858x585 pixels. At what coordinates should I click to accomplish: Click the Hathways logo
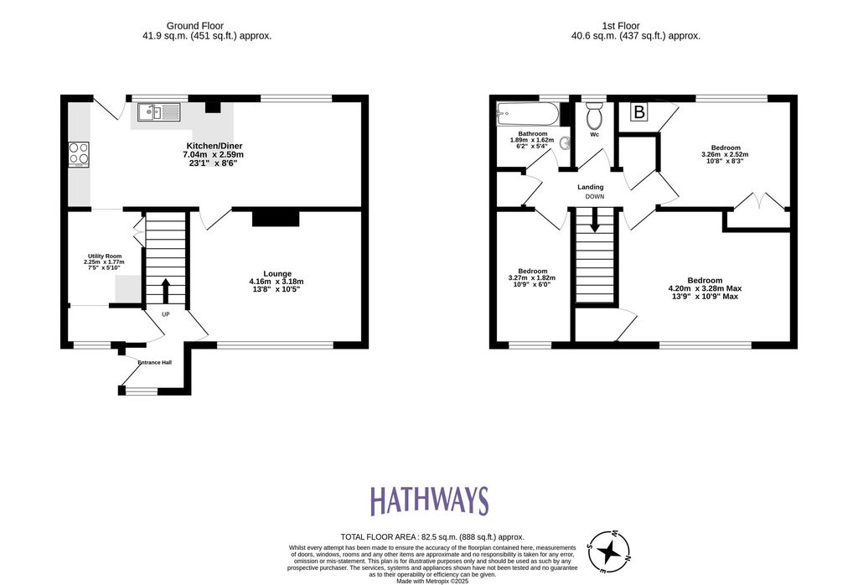tap(429, 500)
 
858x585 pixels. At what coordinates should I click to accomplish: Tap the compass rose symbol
tap(608, 551)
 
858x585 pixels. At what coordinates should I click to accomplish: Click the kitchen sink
tap(158, 113)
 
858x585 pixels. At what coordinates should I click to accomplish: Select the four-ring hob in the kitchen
tap(79, 154)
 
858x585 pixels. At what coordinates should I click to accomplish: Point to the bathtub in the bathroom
tap(528, 114)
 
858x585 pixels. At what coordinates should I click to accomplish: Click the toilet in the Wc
tap(594, 115)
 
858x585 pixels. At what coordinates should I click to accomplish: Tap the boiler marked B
tap(638, 111)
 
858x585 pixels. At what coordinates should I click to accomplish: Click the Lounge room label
tap(277, 273)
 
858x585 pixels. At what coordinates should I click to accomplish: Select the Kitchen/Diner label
tap(214, 146)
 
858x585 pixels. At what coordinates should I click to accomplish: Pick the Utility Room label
tap(105, 256)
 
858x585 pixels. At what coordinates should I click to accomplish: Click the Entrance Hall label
tap(155, 362)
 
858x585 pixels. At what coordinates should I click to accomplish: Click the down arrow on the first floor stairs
tap(594, 220)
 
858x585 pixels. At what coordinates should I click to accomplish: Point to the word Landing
tap(591, 187)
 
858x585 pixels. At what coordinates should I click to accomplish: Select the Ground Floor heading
tap(194, 26)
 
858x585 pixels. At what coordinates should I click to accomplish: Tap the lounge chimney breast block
tap(276, 218)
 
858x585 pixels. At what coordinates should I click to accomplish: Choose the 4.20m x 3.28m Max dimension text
tap(705, 288)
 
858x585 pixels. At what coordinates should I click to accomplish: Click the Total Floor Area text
tap(432, 537)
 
